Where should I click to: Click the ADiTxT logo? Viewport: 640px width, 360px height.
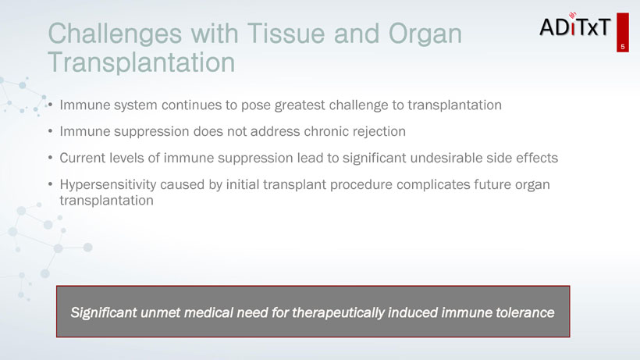(x=574, y=25)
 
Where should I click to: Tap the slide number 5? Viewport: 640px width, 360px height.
(x=623, y=47)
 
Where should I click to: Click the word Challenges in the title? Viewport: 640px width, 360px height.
(x=115, y=34)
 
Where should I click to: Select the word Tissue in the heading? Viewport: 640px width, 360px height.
(x=286, y=33)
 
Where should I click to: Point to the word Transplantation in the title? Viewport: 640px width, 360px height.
(x=141, y=62)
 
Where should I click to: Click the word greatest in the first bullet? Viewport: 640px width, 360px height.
(x=300, y=105)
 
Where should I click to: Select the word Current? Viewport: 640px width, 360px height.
(x=81, y=158)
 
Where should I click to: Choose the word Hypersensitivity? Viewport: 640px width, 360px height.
(x=108, y=185)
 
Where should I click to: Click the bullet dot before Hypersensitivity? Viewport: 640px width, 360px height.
(x=50, y=184)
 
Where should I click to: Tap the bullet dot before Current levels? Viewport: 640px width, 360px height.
(x=50, y=158)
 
